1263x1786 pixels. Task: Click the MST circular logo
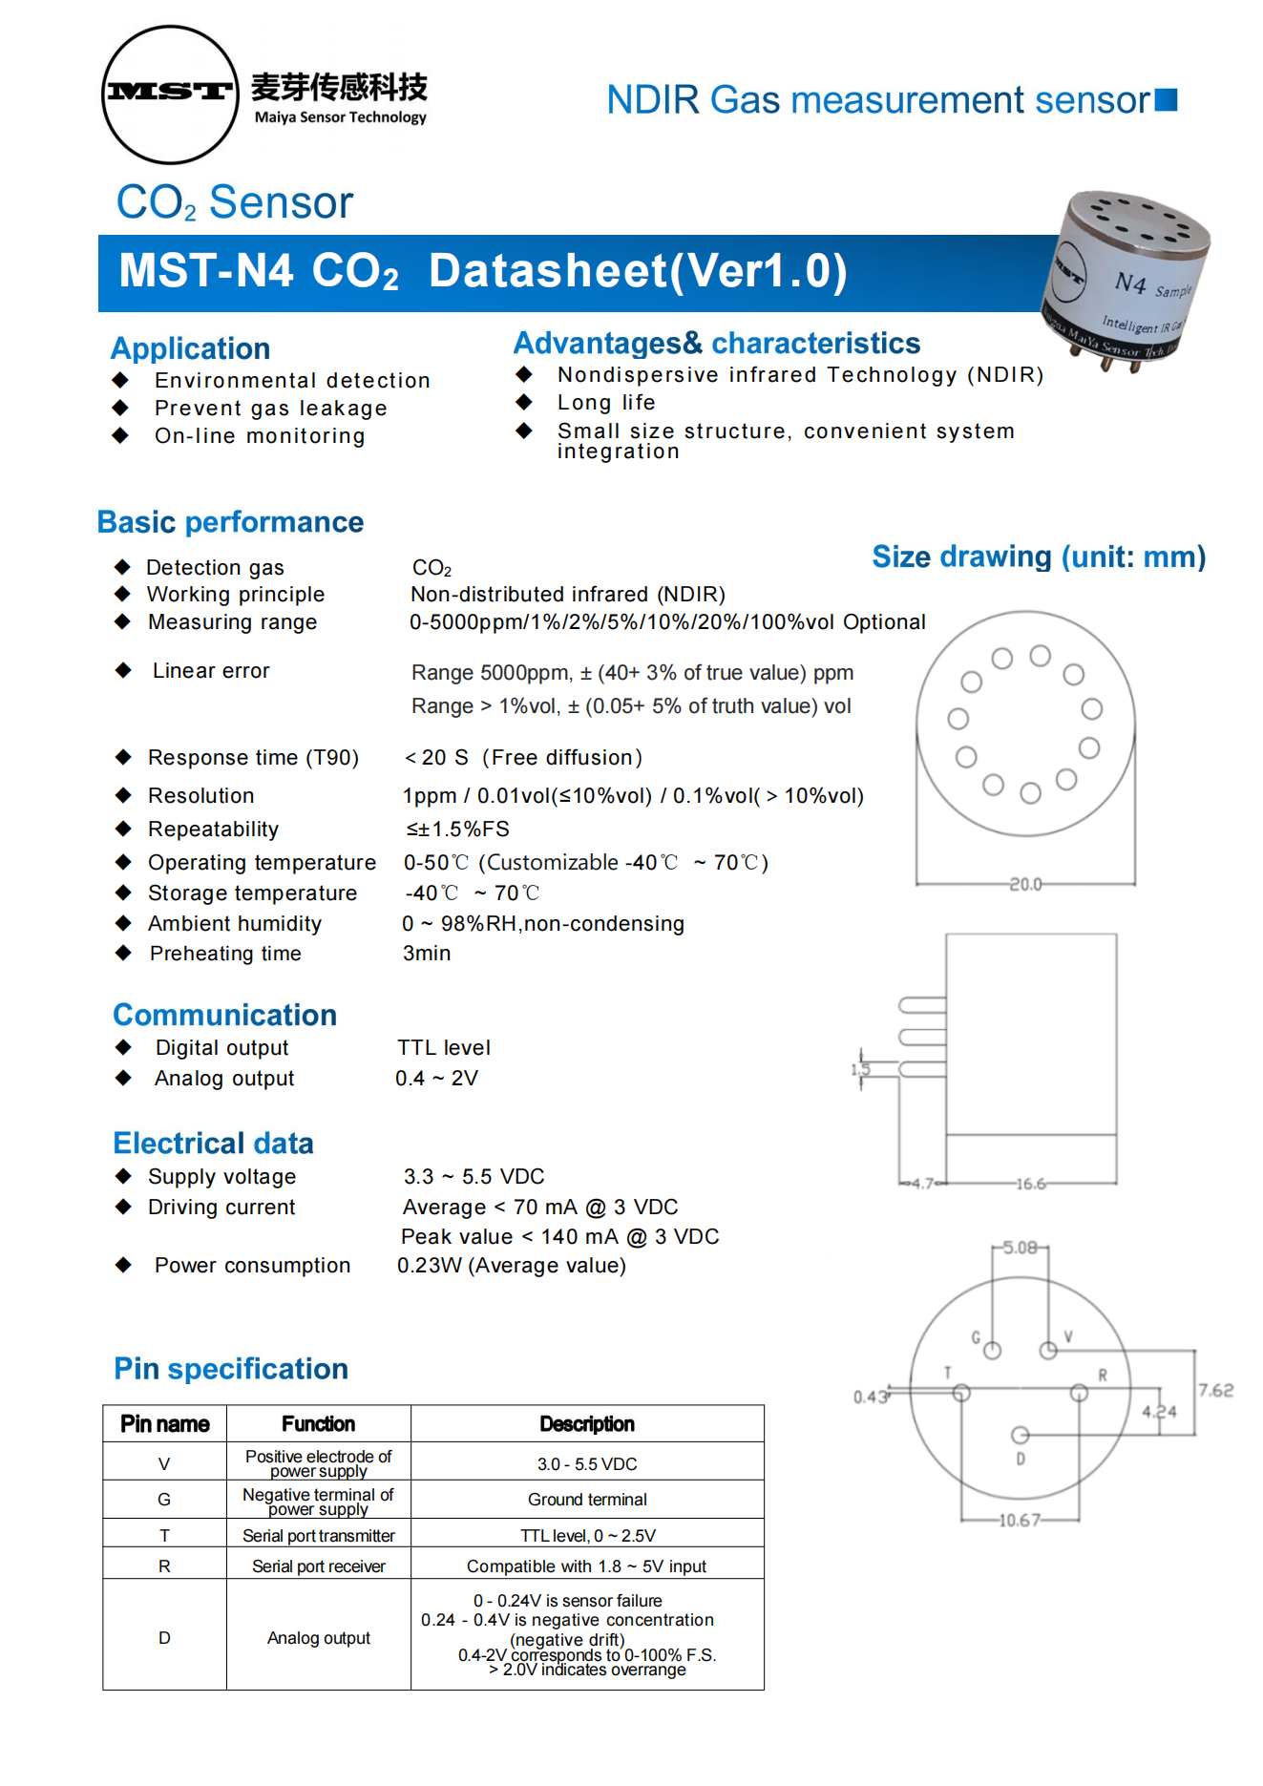170,94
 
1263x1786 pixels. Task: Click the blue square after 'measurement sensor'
1166,100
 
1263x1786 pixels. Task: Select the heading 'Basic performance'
230,522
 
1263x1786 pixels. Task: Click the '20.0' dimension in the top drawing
1025,884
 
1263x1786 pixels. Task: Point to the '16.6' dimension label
1030,1184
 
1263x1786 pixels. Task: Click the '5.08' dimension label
1020,1248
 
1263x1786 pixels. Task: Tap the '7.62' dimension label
1215,1390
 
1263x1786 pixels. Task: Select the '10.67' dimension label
1019,1520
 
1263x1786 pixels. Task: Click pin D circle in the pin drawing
1020,1435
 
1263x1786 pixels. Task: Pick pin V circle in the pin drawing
1048,1350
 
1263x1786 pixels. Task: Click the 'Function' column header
318,1423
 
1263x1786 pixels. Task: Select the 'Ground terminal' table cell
587,1500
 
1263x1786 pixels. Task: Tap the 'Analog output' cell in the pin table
318,1638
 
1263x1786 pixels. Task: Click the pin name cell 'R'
164,1565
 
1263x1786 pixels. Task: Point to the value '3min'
426,953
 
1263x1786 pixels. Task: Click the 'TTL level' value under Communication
444,1047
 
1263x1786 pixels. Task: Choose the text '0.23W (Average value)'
512,1265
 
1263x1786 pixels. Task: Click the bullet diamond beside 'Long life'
524,402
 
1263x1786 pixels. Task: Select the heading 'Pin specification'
231,1369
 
